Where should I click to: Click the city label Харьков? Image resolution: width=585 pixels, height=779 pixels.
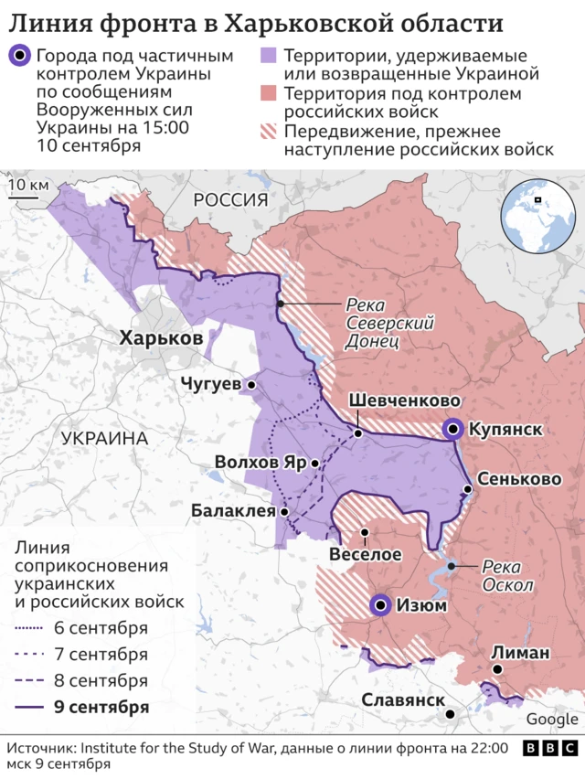click(x=161, y=338)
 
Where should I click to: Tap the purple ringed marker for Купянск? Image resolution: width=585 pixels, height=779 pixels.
click(x=452, y=429)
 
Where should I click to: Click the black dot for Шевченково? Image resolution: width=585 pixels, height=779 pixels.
click(x=358, y=433)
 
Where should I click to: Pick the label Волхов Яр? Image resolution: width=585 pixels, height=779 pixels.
click(x=261, y=463)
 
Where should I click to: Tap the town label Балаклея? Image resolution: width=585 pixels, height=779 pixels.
click(x=233, y=511)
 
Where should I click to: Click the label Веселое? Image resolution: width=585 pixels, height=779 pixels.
click(x=365, y=555)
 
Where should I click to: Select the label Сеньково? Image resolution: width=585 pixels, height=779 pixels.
click(x=519, y=479)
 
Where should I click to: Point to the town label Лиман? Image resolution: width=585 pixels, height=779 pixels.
click(x=520, y=652)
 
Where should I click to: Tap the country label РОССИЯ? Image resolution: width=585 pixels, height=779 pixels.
click(x=229, y=199)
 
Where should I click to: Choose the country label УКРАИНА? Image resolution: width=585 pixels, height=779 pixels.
click(x=104, y=439)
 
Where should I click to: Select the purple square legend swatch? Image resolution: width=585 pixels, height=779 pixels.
click(x=269, y=58)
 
